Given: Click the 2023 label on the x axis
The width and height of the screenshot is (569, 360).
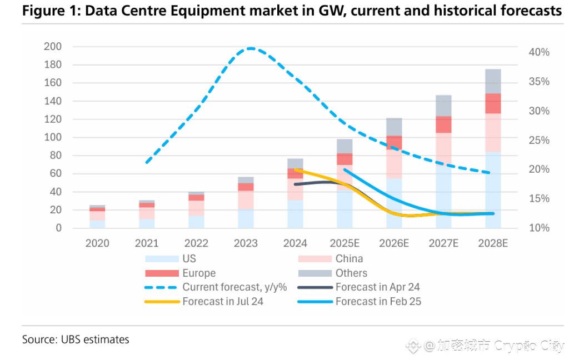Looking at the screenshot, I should click(246, 243).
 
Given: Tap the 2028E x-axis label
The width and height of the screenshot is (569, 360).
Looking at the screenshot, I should click(493, 243).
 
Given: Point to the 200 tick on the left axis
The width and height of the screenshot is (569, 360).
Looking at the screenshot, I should click(53, 47).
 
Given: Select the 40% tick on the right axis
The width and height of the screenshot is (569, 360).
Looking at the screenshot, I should click(538, 52).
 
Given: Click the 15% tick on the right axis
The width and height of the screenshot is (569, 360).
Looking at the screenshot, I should click(538, 199).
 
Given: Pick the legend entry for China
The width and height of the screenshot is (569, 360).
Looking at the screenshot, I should click(349, 258).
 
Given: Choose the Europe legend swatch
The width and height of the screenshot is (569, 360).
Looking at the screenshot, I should click(161, 273).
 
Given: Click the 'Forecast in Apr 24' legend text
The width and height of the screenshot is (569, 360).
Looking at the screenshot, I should click(377, 287).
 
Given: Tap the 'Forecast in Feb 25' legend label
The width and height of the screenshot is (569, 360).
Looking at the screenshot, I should click(378, 302).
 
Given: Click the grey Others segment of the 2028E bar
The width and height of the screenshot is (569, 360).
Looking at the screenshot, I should click(493, 81).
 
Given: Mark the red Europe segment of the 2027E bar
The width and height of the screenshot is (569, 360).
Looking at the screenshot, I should click(443, 124).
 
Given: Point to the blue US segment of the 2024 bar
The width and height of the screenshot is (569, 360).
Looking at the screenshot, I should click(295, 214).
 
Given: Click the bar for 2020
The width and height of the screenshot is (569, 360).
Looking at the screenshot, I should click(97, 217).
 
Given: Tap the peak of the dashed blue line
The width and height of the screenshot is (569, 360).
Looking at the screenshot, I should click(251, 48).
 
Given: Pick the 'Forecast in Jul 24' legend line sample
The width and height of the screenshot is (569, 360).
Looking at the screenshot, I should click(161, 302).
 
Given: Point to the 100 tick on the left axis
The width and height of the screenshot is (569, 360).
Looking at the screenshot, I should click(53, 137).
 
